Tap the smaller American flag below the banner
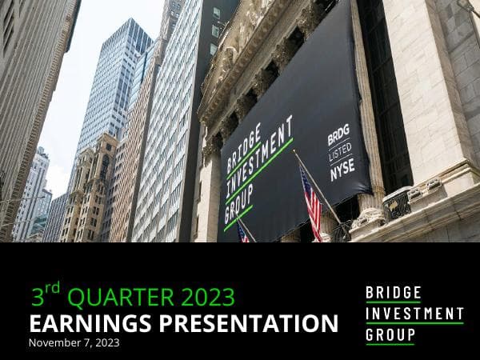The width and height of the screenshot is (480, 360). (x=243, y=232)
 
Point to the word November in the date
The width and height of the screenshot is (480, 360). (x=55, y=342)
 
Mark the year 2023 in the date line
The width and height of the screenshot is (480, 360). (x=106, y=342)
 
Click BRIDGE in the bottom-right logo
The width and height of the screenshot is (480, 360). (x=393, y=293)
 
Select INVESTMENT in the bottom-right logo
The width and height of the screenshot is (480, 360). (x=414, y=314)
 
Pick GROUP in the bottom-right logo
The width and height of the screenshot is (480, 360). (x=390, y=334)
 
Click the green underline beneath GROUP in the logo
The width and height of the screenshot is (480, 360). (x=390, y=345)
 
